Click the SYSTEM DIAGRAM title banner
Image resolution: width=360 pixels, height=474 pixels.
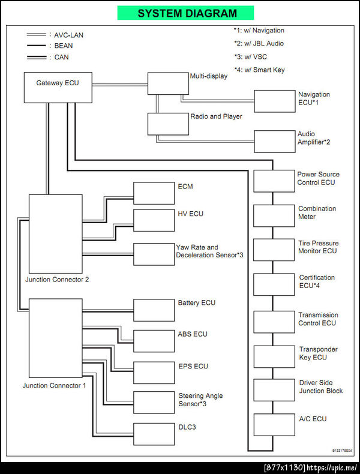(x=187, y=13)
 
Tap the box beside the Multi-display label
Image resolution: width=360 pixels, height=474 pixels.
(x=167, y=83)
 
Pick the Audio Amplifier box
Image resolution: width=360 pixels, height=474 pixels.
(x=275, y=141)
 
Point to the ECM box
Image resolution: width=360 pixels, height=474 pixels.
(x=154, y=193)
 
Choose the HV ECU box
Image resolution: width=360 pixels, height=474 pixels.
(x=154, y=220)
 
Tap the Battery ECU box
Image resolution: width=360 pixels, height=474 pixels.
(x=154, y=310)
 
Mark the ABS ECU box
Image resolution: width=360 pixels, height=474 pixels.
(x=154, y=340)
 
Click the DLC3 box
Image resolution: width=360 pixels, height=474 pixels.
(x=154, y=433)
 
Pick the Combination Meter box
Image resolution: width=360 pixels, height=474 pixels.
(x=274, y=215)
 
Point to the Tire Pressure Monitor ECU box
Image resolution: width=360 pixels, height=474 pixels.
(x=274, y=249)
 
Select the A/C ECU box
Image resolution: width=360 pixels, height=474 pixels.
(x=274, y=424)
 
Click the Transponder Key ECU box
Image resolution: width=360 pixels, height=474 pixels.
(x=274, y=356)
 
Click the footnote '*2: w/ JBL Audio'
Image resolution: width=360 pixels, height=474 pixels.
(x=259, y=43)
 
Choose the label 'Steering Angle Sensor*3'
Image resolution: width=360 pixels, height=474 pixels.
(x=200, y=400)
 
